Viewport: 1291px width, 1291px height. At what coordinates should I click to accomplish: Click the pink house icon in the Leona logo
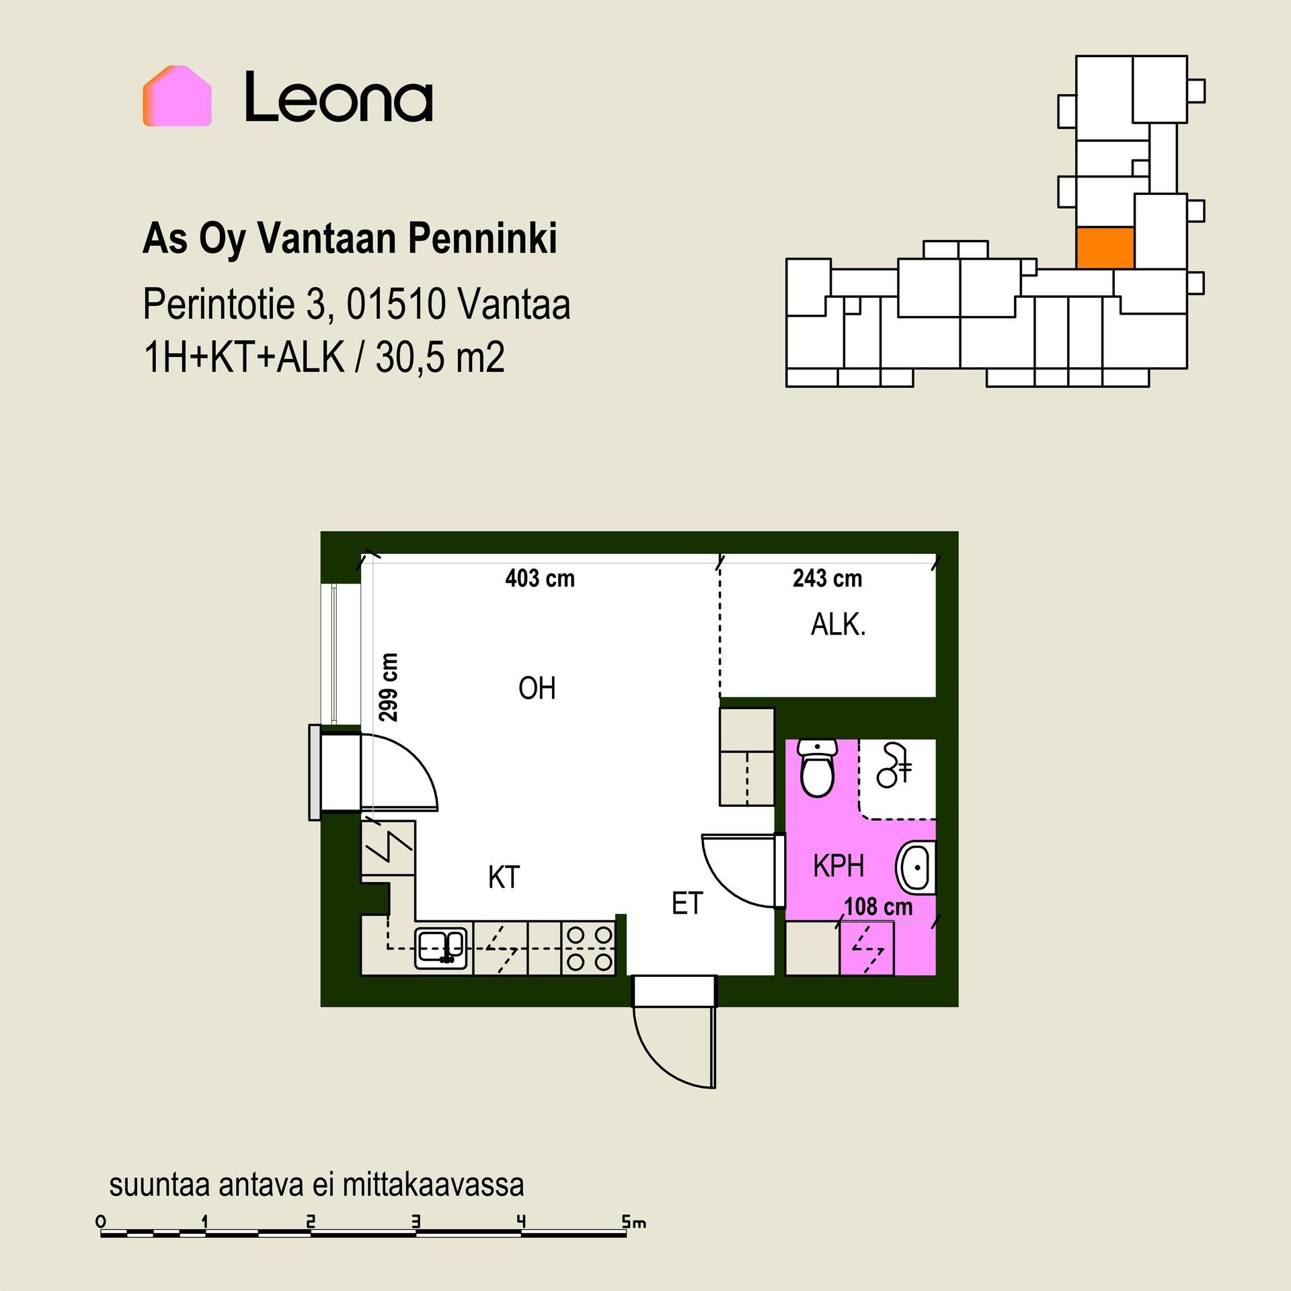177,96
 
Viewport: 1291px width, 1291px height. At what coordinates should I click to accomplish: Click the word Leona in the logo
339,97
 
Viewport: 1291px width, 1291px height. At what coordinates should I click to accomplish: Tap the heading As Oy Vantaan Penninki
350,239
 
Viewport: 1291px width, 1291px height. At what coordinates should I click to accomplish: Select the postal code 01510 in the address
396,304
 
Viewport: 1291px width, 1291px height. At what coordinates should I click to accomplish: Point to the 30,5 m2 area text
440,357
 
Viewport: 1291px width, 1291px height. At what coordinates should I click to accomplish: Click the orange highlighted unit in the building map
1105,248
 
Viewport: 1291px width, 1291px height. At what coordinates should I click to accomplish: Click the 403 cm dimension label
540,578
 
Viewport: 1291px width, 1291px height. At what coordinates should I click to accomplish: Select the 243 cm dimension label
827,578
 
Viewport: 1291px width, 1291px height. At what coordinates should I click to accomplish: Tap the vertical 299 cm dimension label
389,687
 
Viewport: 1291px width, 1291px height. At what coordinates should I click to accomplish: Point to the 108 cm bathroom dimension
878,906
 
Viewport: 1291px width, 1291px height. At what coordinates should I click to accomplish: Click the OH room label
537,689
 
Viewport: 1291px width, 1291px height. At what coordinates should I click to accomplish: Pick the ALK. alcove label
838,625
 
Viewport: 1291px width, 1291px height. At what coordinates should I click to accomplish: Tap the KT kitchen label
504,877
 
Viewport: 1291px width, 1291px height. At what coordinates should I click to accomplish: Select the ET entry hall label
687,904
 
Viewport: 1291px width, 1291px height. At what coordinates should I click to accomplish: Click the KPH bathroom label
838,866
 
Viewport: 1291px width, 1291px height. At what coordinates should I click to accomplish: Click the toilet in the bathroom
818,768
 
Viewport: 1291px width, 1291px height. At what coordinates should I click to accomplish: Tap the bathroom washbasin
916,867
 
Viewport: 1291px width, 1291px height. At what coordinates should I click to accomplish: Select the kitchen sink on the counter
441,948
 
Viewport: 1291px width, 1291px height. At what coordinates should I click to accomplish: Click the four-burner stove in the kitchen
588,948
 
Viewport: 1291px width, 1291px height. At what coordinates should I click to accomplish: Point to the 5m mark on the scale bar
633,1222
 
